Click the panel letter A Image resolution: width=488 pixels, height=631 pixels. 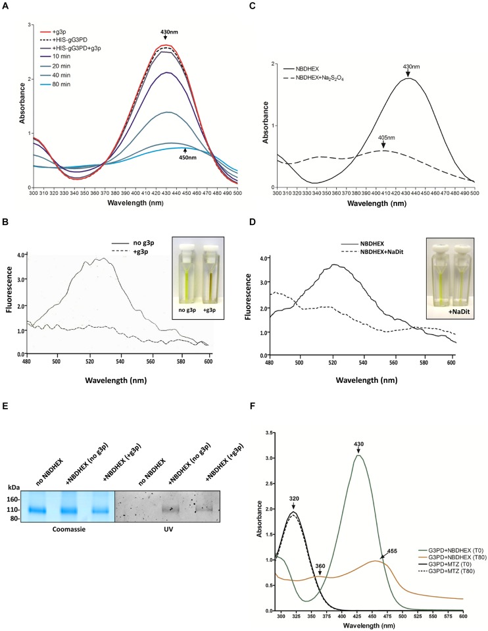click(x=6, y=5)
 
